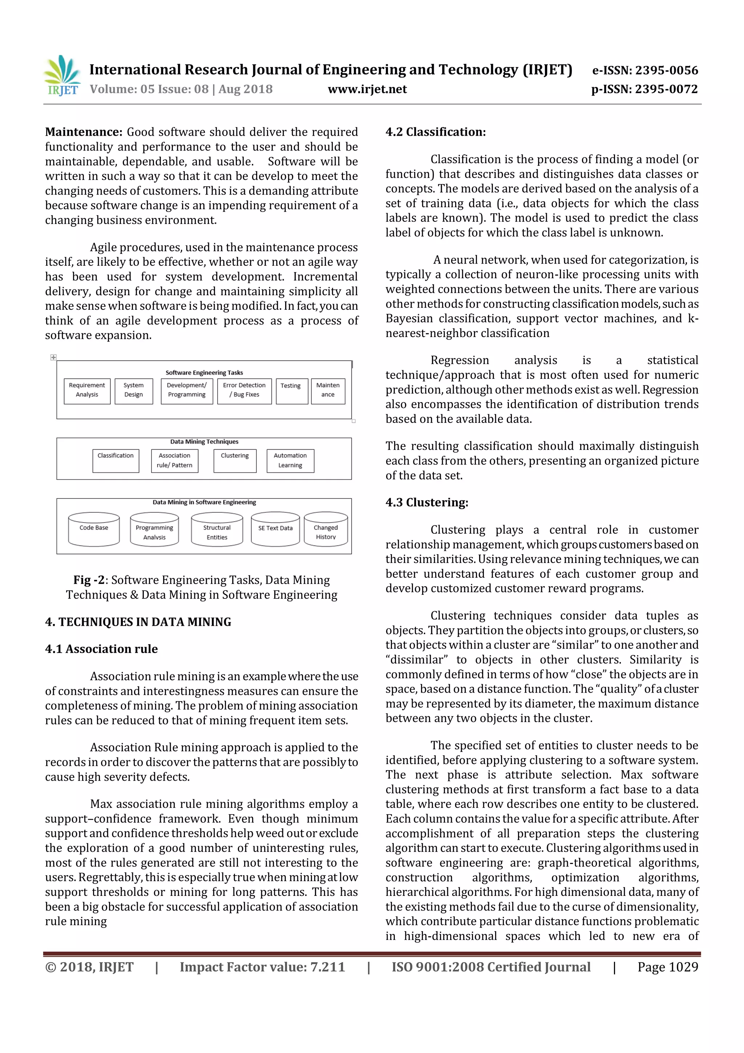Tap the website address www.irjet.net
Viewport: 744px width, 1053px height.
[367, 89]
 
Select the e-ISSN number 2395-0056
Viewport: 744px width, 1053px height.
[667, 70]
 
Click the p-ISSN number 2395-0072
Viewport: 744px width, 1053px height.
[667, 89]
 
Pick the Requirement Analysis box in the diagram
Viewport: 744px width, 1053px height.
[87, 390]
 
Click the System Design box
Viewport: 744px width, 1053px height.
[134, 390]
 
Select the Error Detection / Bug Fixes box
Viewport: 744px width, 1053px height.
[244, 390]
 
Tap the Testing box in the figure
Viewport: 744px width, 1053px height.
[291, 390]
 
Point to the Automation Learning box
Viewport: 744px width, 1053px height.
[291, 460]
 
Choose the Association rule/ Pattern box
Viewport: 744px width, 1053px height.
[174, 460]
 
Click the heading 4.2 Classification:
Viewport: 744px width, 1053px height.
[435, 132]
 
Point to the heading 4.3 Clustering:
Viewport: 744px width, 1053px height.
[426, 502]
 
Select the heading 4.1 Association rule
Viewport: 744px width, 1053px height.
[101, 649]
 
